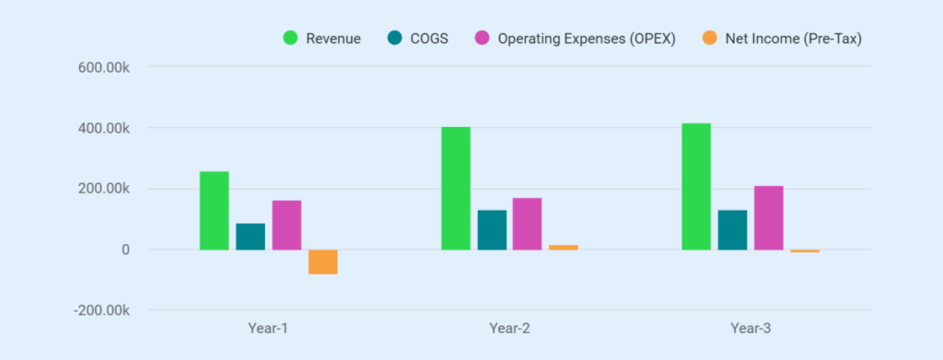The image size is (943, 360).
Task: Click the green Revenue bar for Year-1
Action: (215, 210)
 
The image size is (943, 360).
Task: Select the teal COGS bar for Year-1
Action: (250, 237)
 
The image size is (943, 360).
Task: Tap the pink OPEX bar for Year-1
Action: (286, 225)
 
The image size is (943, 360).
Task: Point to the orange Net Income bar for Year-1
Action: (322, 261)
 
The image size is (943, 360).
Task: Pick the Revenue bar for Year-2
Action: (456, 188)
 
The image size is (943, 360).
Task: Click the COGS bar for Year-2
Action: (492, 230)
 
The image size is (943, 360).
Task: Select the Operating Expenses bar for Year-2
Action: (528, 224)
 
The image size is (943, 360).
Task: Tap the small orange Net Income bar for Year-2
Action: (564, 247)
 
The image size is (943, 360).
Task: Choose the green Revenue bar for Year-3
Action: (696, 186)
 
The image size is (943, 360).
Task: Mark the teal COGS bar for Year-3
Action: (732, 230)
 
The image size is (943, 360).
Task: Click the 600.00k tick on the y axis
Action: (102, 66)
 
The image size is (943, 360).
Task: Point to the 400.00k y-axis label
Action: (102, 128)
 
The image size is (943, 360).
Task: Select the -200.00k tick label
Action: (100, 310)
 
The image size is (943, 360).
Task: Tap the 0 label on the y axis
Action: (124, 250)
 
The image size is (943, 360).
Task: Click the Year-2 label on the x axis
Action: (509, 328)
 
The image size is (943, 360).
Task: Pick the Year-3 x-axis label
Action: (751, 328)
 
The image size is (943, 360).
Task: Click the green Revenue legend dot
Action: (290, 39)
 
